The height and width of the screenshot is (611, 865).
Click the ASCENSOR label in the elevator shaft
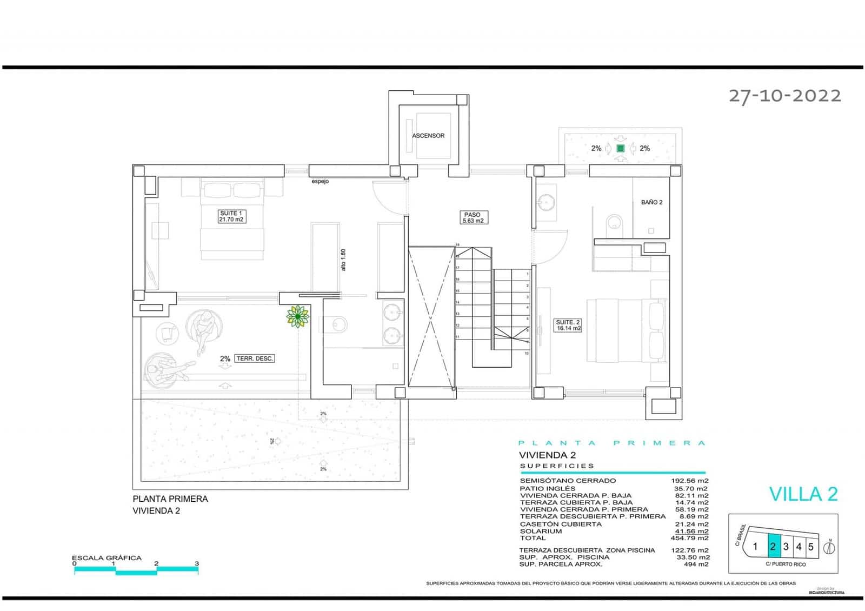[x=428, y=136]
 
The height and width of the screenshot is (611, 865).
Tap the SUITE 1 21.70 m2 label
[x=231, y=216]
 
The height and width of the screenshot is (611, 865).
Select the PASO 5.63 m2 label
[x=472, y=217]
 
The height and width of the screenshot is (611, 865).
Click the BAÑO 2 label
[x=651, y=202]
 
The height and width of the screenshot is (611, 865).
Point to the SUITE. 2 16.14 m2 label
[x=568, y=325]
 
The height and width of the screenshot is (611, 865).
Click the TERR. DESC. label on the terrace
[x=255, y=358]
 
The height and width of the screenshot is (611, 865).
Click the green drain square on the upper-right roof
[x=620, y=148]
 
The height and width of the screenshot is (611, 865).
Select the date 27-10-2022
[x=784, y=96]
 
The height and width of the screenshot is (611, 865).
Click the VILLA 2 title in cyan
[x=803, y=494]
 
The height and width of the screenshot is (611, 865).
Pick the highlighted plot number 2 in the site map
[x=773, y=547]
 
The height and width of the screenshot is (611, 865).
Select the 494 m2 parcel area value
[x=696, y=564]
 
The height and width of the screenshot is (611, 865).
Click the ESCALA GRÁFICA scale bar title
[x=107, y=557]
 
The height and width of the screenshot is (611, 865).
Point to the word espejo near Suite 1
[x=320, y=182]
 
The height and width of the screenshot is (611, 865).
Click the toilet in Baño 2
[x=614, y=223]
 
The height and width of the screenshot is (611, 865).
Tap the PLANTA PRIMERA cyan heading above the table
[x=611, y=443]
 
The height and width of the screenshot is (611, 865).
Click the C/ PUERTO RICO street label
[x=786, y=564]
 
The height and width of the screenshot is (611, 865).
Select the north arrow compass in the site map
[x=829, y=547]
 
